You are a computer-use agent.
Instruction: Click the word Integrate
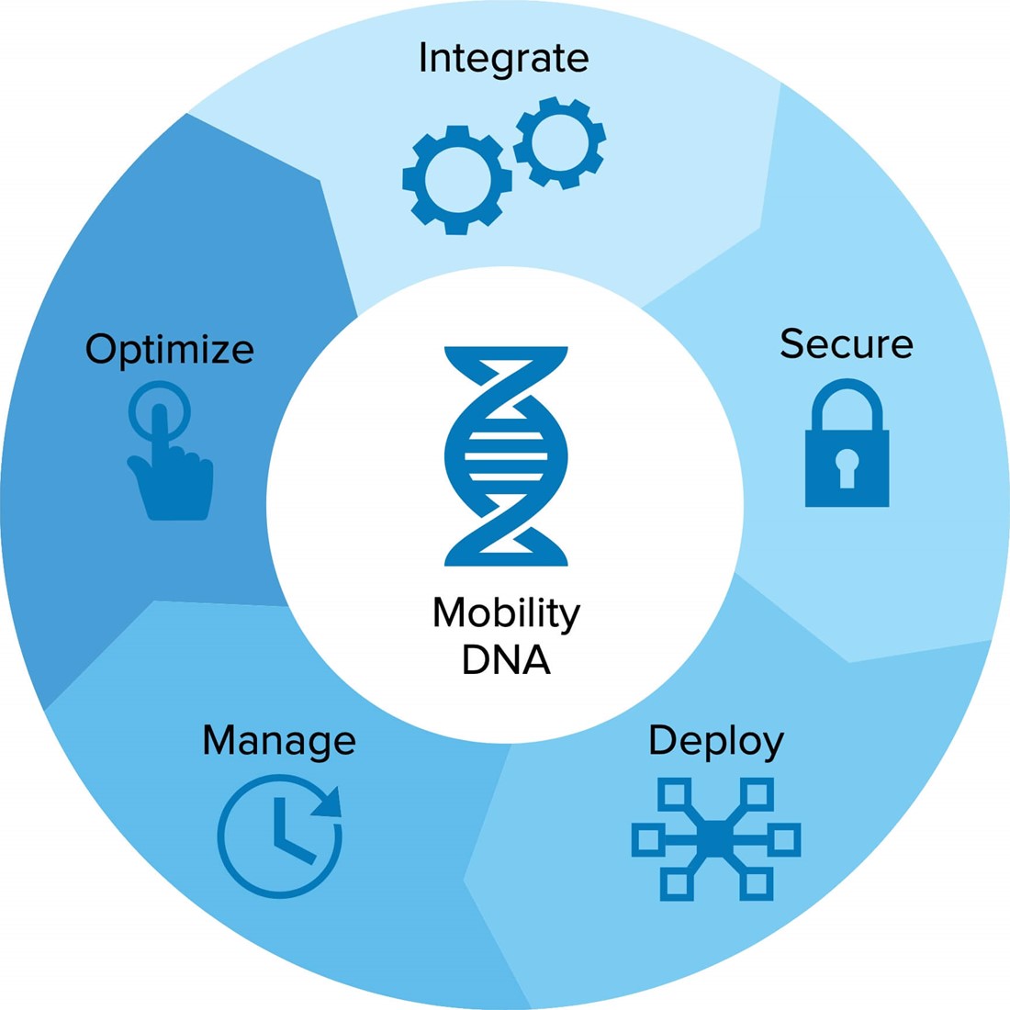tap(503, 58)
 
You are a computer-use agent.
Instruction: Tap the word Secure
tap(846, 344)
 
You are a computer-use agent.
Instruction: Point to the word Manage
tap(279, 740)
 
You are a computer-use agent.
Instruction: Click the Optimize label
tap(170, 350)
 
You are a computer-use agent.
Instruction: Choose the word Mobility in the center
tap(506, 613)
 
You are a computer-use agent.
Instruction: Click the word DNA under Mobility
tap(506, 659)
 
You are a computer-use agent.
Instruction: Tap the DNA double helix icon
tap(506, 455)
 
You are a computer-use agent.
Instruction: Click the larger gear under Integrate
tap(456, 180)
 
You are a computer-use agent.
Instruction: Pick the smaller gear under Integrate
tap(559, 143)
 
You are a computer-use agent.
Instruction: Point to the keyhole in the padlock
tap(847, 466)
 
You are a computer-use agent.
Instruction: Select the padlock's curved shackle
tap(847, 397)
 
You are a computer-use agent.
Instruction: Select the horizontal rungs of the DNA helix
tap(506, 455)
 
